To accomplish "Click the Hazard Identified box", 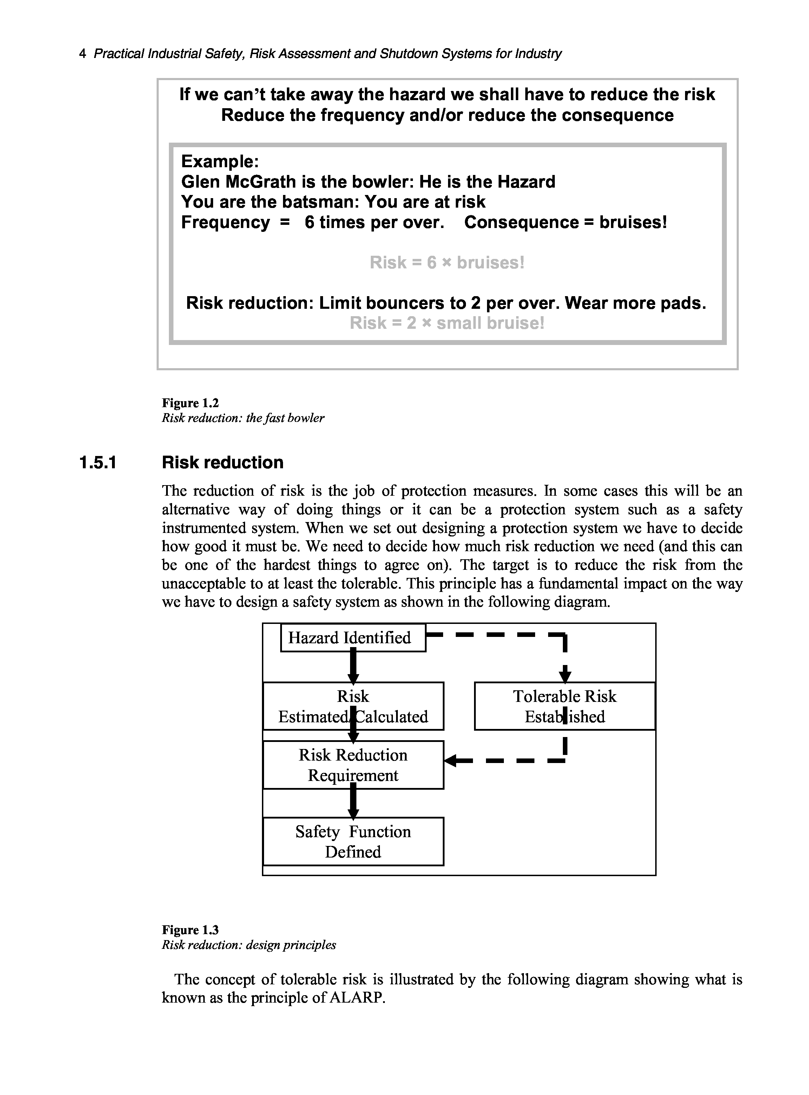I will (x=353, y=637).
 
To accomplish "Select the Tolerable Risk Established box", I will (x=565, y=706).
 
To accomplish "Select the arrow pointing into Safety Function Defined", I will (x=353, y=803).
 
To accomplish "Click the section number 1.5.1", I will (x=98, y=463).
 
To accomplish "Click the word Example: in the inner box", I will (x=220, y=161).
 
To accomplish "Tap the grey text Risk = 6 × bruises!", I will (x=447, y=263).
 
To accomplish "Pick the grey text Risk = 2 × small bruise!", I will (x=447, y=323).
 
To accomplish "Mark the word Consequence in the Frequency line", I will (x=521, y=222).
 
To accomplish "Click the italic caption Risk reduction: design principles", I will (x=249, y=945).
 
